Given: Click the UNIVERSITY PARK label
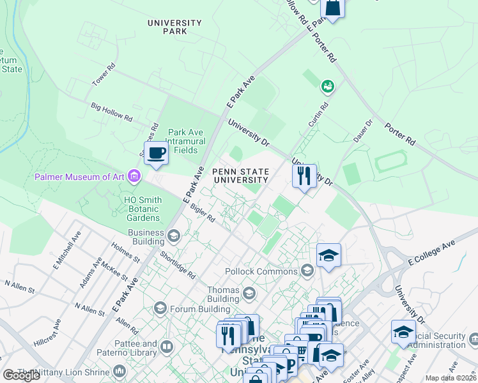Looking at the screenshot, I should (x=174, y=27).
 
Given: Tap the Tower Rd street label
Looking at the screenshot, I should (x=104, y=75).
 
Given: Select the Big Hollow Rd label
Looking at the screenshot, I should (x=111, y=113).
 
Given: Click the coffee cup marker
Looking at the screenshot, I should (x=156, y=153).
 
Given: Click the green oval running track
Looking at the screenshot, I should (x=390, y=161).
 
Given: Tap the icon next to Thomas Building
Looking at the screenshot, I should (x=249, y=294).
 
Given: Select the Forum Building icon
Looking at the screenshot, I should (x=160, y=309).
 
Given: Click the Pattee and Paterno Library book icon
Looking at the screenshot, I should (x=167, y=347).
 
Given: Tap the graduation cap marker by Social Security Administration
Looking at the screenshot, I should (x=403, y=331).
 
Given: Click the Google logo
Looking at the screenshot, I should (x=22, y=375).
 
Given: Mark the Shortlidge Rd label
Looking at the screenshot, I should (x=178, y=262).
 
